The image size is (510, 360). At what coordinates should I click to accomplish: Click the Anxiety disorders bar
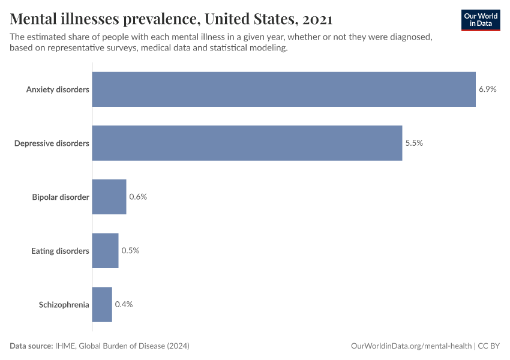[284, 89]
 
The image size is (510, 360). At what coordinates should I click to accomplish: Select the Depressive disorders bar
[247, 143]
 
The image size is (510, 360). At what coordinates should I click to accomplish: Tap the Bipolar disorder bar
[109, 197]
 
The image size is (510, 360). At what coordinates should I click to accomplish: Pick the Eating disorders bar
[106, 251]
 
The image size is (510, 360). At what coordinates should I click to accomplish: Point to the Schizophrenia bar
[102, 304]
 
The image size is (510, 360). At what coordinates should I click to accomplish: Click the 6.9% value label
[487, 89]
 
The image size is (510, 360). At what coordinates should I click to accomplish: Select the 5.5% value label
[414, 143]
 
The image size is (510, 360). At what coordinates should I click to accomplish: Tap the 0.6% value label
[138, 197]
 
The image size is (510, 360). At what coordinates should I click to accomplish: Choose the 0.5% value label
[130, 251]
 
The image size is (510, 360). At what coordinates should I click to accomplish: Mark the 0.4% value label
[124, 304]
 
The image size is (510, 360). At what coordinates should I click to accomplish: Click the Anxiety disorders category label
[58, 89]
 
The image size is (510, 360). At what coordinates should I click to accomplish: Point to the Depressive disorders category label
[52, 143]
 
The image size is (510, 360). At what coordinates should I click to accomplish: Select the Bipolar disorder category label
[61, 197]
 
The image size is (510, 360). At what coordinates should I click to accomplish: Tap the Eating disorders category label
[60, 251]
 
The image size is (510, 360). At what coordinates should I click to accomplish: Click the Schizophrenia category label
[64, 304]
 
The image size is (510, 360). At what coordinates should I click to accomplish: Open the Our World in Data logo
[480, 20]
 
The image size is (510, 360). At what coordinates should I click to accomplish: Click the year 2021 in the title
[317, 19]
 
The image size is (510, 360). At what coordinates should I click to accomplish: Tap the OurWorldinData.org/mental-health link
[410, 346]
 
